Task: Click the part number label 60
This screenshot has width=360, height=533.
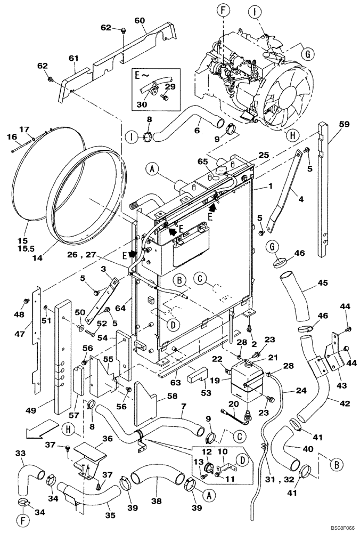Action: (x=140, y=20)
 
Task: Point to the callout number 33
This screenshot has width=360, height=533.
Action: (x=21, y=454)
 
